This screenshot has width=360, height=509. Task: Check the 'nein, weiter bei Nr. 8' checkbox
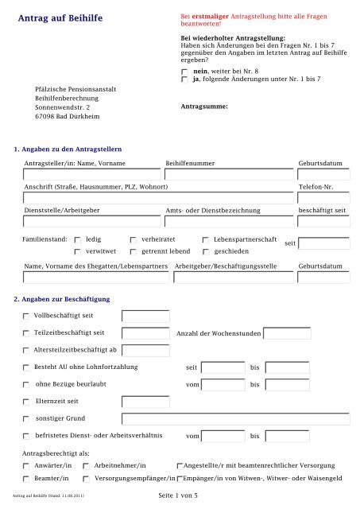click(x=185, y=72)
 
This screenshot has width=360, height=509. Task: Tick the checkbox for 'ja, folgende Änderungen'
click(x=185, y=80)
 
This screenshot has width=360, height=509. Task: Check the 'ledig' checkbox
click(x=76, y=239)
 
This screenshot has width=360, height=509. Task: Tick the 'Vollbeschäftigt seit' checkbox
click(x=26, y=317)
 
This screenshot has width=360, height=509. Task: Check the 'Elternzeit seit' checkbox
click(x=26, y=401)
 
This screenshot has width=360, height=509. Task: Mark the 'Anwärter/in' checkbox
click(x=26, y=465)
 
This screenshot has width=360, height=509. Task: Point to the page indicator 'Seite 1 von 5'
click(x=183, y=495)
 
